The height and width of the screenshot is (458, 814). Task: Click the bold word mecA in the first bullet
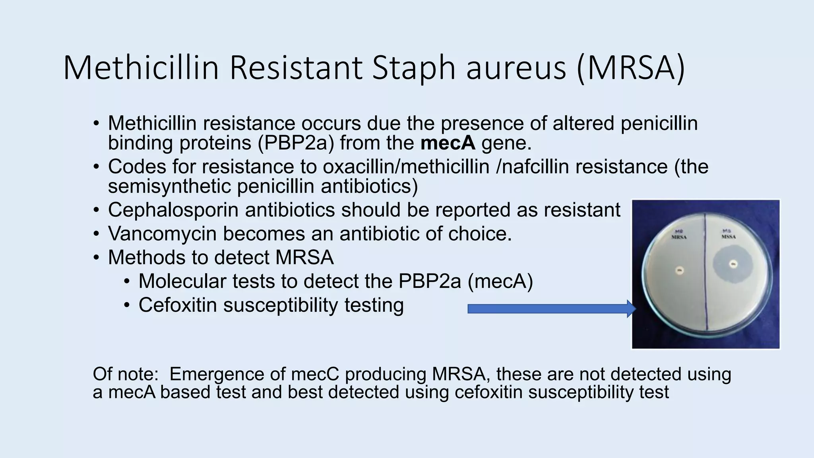[448, 143]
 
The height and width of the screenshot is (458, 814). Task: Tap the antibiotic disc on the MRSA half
[680, 272]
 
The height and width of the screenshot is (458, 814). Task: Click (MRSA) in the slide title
[631, 68]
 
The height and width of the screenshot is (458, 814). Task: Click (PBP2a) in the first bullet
[296, 143]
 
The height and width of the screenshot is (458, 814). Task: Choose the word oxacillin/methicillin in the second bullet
[406, 167]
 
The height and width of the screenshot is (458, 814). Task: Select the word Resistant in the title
[296, 68]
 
